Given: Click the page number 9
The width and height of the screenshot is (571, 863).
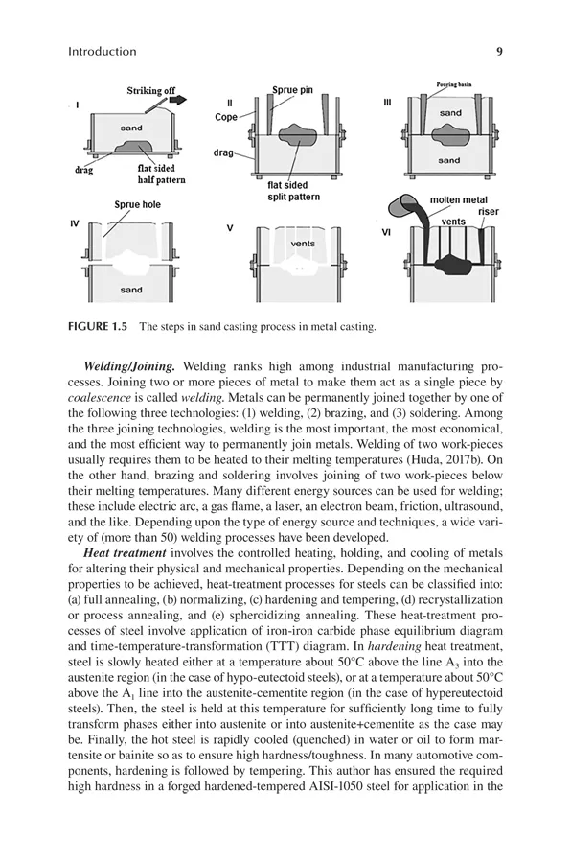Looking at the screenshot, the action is [499, 52].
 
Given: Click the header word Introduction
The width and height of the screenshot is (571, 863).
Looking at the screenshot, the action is [103, 52].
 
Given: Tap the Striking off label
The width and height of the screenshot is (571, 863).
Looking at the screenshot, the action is [151, 91].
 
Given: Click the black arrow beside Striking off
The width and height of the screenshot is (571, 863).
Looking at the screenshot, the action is [178, 100].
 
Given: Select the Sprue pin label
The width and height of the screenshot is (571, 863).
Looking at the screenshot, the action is [292, 90].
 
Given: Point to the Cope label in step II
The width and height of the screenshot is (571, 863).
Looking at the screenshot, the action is [225, 117].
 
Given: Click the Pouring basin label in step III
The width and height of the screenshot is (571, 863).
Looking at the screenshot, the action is [453, 84].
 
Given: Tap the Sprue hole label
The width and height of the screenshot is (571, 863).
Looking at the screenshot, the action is [138, 205].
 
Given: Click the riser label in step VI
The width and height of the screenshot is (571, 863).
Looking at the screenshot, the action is [488, 211].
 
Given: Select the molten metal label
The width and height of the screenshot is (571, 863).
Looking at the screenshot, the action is [458, 199].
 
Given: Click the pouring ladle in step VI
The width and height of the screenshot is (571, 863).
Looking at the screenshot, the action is [403, 207].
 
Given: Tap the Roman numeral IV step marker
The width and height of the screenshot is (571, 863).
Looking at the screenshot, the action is [75, 223].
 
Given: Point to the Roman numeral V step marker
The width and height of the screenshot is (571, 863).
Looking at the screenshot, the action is [229, 228].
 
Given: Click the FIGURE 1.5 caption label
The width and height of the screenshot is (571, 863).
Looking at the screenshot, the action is [98, 326].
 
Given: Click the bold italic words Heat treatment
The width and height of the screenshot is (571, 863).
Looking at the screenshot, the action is [125, 553].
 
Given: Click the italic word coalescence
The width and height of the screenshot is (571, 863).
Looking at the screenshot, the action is [100, 397].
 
